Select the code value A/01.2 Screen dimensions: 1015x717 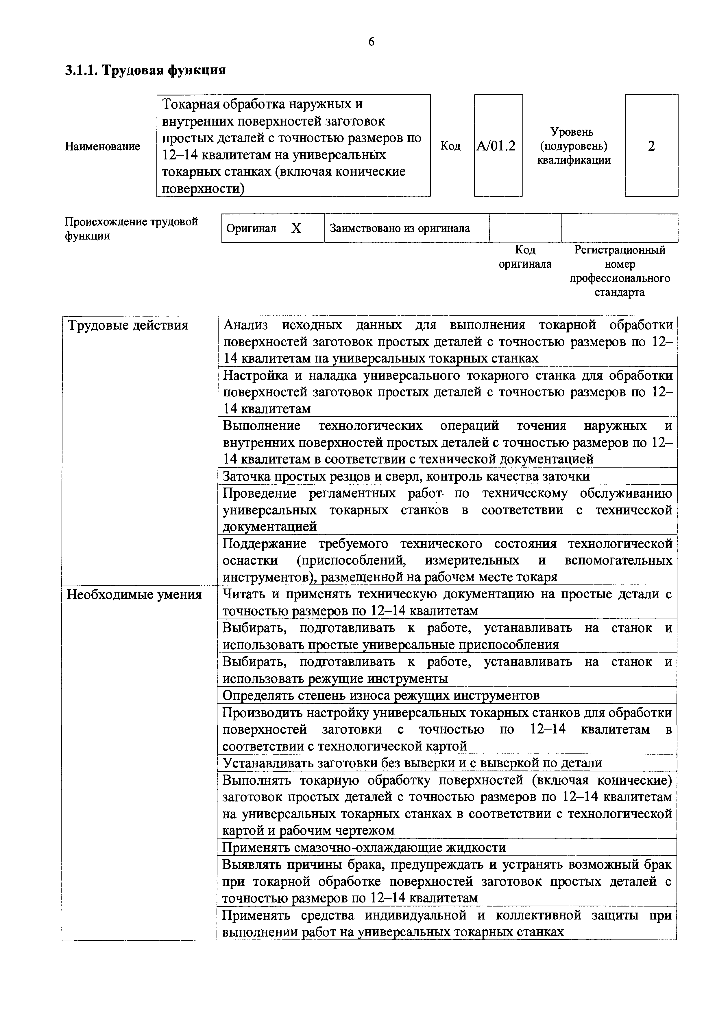coord(498,146)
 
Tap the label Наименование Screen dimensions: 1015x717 coord(103,146)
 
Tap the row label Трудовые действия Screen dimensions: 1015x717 coord(128,326)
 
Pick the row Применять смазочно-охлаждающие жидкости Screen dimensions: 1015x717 coord(364,847)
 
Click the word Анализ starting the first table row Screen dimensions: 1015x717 coord(246,326)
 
